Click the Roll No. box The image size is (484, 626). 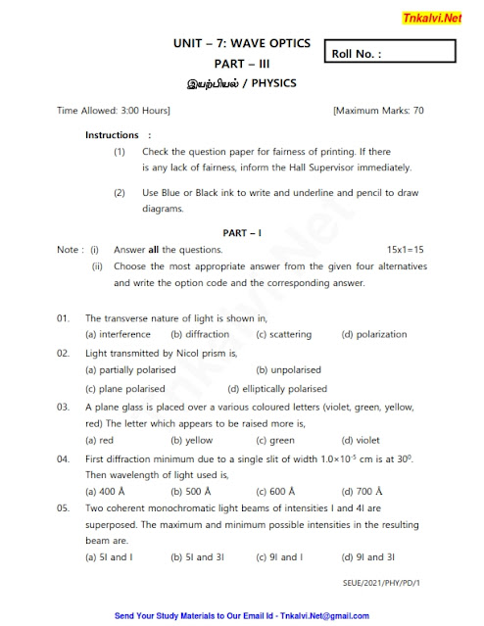pyautogui.click(x=391, y=54)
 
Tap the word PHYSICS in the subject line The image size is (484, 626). pyautogui.click(x=266, y=83)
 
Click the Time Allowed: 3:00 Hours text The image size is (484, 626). pyautogui.click(x=114, y=111)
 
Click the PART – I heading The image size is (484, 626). pyautogui.click(x=241, y=232)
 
